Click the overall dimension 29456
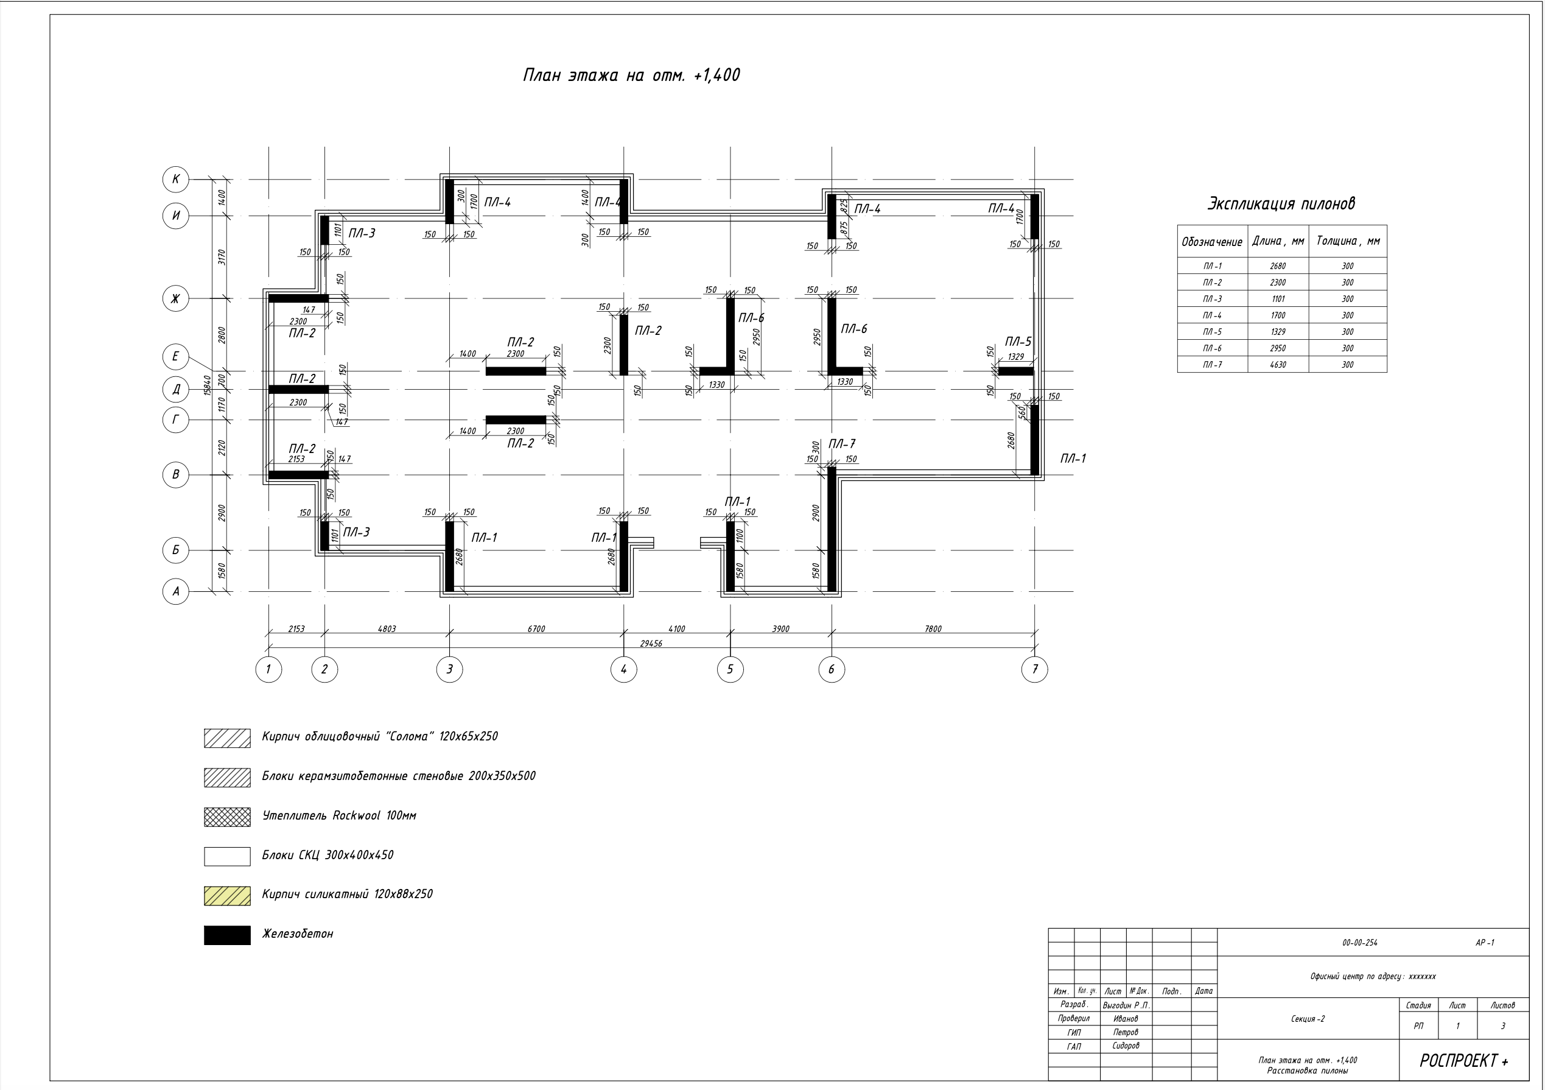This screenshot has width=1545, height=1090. (x=651, y=644)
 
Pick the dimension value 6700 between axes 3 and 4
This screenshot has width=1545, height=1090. (x=536, y=629)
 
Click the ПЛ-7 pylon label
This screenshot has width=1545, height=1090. (x=842, y=444)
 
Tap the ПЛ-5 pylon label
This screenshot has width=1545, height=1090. (x=1018, y=342)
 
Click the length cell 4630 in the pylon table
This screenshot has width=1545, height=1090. (x=1278, y=365)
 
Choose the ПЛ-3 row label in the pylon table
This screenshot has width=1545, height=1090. (x=1213, y=299)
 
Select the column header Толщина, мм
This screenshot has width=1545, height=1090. (x=1348, y=241)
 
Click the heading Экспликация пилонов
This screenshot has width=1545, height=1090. (x=1281, y=203)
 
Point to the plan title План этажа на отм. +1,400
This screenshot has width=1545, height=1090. (x=631, y=76)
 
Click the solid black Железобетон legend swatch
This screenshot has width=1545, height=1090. (x=228, y=935)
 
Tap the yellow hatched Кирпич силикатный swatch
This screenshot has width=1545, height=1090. (x=228, y=895)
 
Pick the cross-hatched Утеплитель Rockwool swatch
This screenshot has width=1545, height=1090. (x=228, y=817)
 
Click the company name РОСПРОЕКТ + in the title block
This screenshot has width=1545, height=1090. (x=1463, y=1060)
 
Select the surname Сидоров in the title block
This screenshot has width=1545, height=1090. (x=1126, y=1046)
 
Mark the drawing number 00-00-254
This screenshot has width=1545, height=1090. (x=1359, y=943)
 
